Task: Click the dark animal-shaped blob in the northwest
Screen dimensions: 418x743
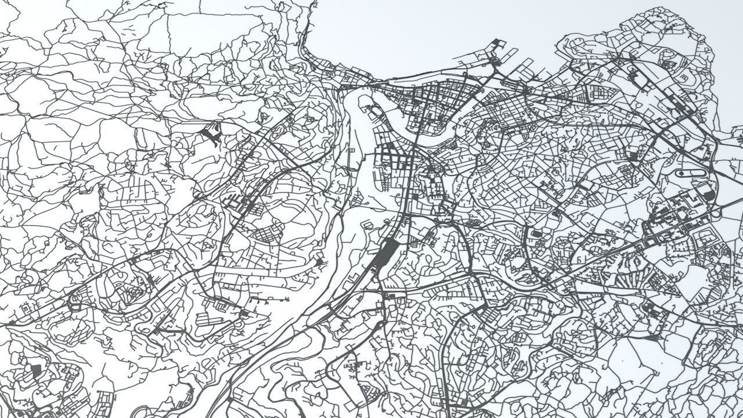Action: click(210, 135)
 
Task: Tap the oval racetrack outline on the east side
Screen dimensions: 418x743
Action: click(691, 172)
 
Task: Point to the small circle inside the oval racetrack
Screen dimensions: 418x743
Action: click(681, 172)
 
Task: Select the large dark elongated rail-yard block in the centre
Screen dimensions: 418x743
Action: click(384, 254)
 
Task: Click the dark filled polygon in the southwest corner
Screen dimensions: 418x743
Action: click(36, 370)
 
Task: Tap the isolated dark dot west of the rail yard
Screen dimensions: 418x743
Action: click(319, 262)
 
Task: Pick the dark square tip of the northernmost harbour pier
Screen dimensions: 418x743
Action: click(496, 42)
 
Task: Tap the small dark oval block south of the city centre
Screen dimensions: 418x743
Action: click(536, 234)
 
